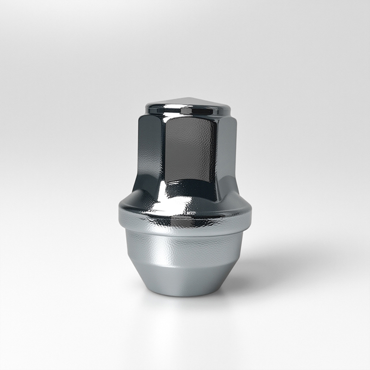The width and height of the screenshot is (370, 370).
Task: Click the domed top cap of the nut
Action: [187, 104]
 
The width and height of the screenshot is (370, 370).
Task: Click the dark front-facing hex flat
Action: [190, 148]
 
